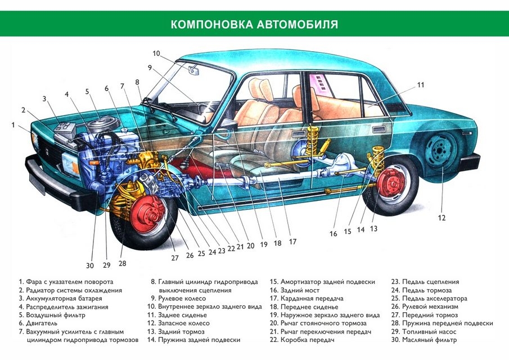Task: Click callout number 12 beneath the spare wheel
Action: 442,217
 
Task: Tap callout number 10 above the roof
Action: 156,53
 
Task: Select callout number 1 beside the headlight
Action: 13,125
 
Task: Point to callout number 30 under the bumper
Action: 89,266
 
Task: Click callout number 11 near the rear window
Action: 420,85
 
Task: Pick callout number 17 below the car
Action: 292,242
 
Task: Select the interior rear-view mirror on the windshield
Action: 194,71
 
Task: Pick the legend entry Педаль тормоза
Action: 425,290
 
